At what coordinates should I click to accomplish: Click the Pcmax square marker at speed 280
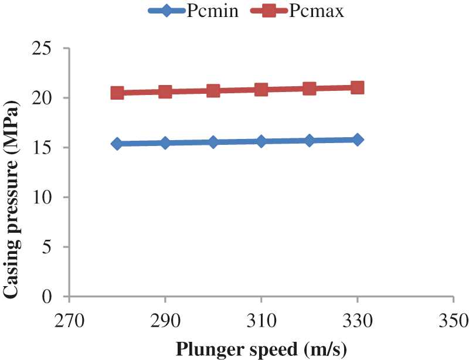click(x=117, y=93)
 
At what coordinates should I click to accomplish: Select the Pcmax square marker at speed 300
click(x=213, y=91)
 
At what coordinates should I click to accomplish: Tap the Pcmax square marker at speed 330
click(x=358, y=88)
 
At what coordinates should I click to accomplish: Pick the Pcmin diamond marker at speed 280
click(x=117, y=144)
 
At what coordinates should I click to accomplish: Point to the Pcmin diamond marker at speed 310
click(x=261, y=141)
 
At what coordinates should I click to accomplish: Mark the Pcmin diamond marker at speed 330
click(x=358, y=140)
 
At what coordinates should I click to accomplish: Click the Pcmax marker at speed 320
click(x=310, y=89)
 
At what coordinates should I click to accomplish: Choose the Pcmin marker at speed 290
click(x=165, y=142)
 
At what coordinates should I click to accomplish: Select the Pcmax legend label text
click(x=316, y=11)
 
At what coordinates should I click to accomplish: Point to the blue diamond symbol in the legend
click(x=166, y=11)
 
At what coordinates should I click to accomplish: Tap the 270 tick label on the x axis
click(x=69, y=321)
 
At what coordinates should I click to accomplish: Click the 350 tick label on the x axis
click(x=453, y=321)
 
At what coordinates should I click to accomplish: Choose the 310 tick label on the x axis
click(x=261, y=321)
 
